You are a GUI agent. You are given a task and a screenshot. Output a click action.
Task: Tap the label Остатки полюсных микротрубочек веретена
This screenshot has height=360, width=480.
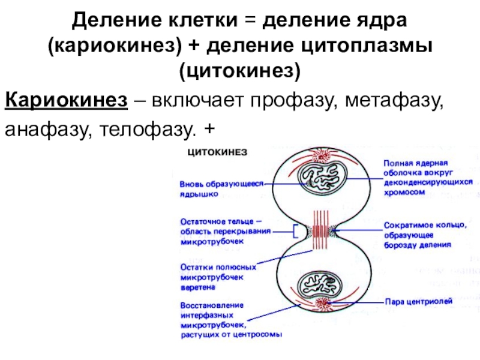pyautogui.click(x=218, y=277)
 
